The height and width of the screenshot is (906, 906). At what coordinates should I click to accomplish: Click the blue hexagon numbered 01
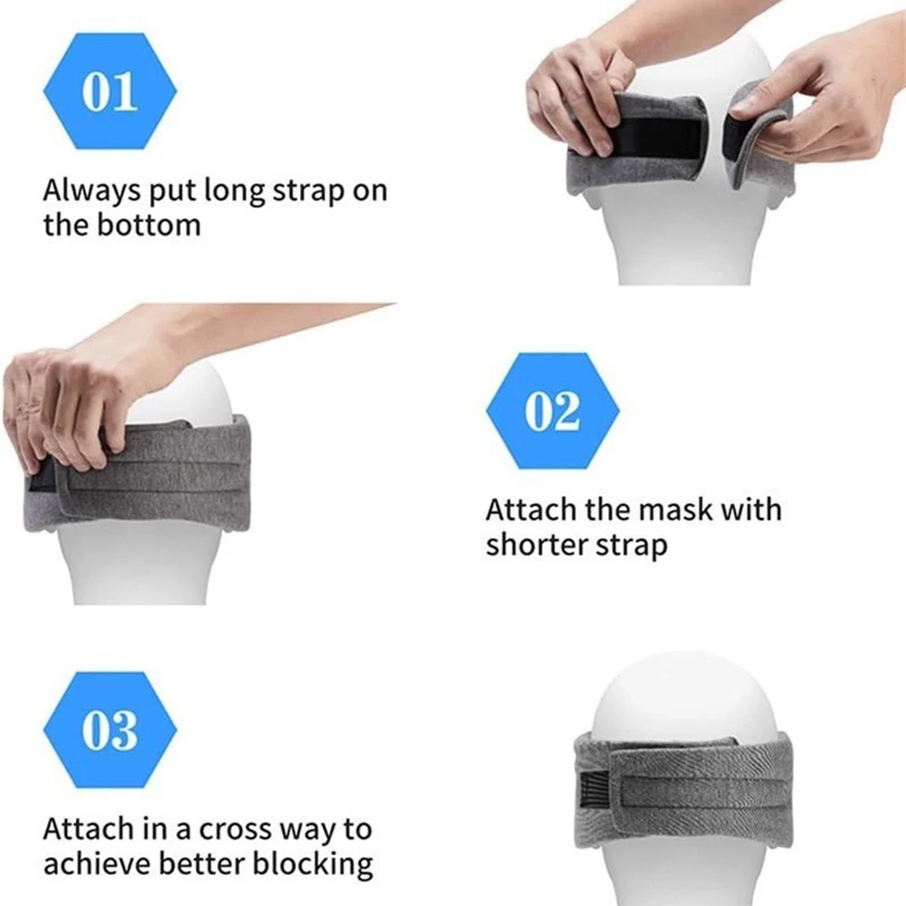click(110, 91)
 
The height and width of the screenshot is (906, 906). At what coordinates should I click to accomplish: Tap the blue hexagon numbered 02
click(553, 410)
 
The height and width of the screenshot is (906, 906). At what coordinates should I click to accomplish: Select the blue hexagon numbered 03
click(110, 729)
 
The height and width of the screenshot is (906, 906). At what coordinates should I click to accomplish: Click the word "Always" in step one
click(92, 191)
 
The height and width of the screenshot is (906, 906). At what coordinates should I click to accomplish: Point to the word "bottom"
click(149, 225)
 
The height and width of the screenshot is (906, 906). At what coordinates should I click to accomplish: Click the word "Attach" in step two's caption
click(530, 509)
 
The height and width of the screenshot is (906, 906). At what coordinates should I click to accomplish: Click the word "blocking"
click(313, 865)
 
